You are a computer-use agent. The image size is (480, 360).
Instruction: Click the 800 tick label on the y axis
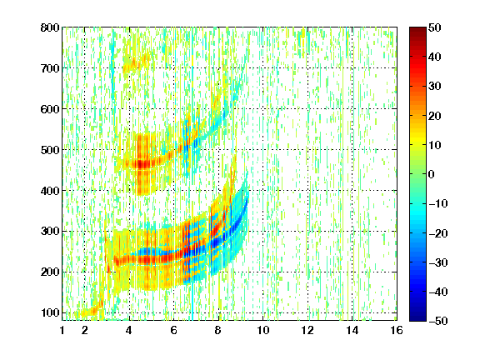coord(50,27)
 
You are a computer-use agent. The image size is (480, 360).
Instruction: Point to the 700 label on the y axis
coord(50,68)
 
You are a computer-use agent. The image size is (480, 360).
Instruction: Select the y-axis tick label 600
coord(50,109)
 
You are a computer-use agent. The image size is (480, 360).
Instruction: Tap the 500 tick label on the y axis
coord(50,150)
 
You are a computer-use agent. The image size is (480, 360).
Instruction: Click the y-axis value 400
coord(50,191)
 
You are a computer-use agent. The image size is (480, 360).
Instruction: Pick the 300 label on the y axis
coord(50,231)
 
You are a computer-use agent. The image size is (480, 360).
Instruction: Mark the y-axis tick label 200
coord(50,272)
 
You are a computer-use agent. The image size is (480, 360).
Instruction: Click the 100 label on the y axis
coord(50,312)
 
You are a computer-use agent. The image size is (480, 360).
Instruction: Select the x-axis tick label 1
coord(62,330)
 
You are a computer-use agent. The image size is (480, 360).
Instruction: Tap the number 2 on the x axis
coord(84,330)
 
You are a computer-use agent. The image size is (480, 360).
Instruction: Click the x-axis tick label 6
coord(173,330)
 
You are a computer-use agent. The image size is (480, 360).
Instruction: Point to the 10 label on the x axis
coord(263,330)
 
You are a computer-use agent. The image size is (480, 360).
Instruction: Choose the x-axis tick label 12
coord(307,330)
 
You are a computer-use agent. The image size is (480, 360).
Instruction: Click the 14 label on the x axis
coord(352,330)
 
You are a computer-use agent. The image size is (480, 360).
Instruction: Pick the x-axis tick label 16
coord(397,330)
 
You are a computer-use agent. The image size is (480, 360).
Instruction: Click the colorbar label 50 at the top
coord(434,27)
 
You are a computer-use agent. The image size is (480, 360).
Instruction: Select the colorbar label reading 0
coord(432,174)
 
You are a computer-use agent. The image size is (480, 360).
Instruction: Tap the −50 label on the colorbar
coord(437,321)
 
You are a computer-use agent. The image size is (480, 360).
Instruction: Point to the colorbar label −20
coord(437,233)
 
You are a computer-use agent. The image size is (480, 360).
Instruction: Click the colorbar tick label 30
coord(434,86)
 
